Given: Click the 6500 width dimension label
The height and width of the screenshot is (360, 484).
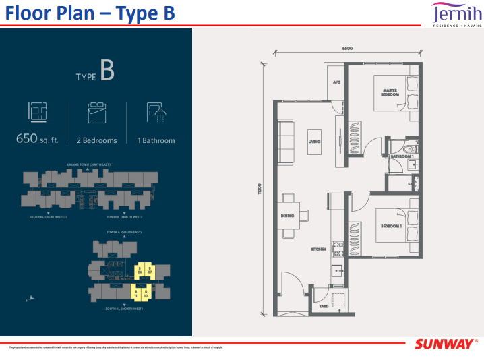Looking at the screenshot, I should click(x=346, y=49).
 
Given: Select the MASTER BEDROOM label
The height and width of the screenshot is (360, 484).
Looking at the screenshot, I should click(x=388, y=92).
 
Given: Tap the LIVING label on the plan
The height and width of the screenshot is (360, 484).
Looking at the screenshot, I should click(x=314, y=142).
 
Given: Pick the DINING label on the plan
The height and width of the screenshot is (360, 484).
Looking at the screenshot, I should click(x=289, y=216).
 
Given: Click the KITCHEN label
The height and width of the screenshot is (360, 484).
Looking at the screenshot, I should click(x=318, y=249).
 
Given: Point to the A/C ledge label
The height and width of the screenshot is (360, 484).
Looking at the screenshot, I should click(x=336, y=82).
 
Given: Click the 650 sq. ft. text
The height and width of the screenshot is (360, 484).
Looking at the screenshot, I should click(x=39, y=140).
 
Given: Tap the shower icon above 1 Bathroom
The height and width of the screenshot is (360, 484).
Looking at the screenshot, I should click(x=156, y=112).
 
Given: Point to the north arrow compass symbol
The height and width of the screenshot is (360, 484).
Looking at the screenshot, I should click(x=27, y=299).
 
